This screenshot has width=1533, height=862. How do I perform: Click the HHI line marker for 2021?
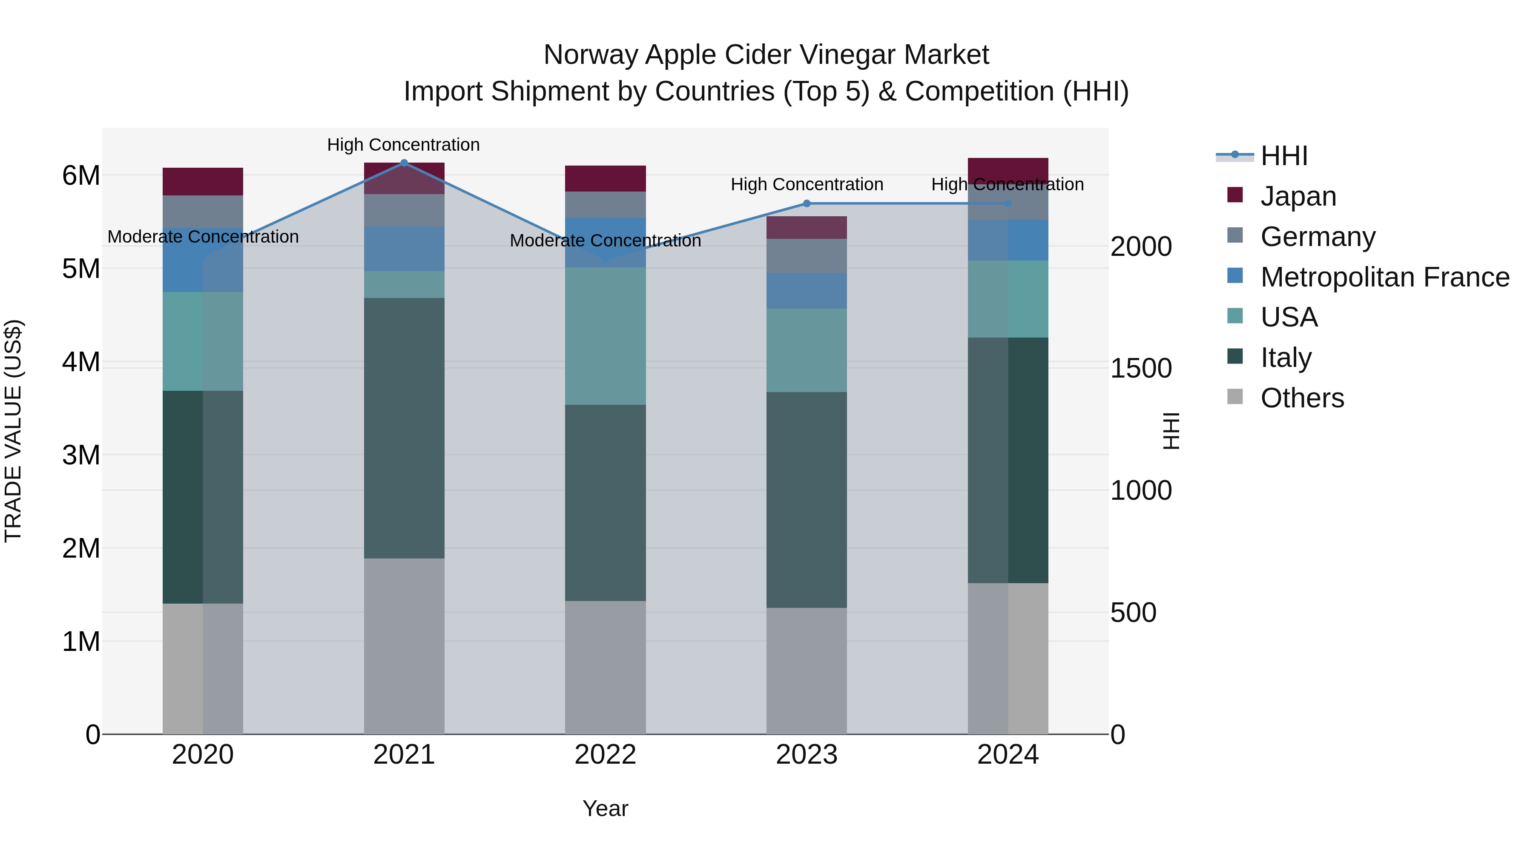coord(404,163)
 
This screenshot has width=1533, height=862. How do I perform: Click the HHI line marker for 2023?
coord(807,203)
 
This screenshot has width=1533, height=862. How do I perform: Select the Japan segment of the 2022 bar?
coord(605,178)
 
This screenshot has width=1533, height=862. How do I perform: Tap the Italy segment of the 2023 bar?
coord(807,500)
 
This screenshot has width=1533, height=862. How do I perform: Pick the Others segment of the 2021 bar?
coord(404,645)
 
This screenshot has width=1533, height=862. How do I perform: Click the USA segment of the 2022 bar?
coord(605,336)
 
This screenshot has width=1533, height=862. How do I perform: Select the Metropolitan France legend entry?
coord(1384,277)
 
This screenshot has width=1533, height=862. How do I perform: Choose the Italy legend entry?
coord(1286,358)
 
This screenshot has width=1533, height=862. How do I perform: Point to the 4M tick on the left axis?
coord(81,362)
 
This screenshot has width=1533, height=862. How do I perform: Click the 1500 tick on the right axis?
coord(1141,369)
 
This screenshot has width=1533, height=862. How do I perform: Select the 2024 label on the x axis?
coord(1008,755)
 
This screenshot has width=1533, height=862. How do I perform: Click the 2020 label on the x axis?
coord(203,755)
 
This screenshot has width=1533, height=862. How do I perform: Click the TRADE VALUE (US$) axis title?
coord(13,431)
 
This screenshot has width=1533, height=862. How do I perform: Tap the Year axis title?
coord(605,808)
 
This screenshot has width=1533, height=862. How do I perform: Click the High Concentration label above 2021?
coord(404,145)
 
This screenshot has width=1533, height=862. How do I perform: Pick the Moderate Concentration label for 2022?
coord(605,241)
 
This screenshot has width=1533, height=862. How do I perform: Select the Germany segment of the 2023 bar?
coord(807,256)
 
